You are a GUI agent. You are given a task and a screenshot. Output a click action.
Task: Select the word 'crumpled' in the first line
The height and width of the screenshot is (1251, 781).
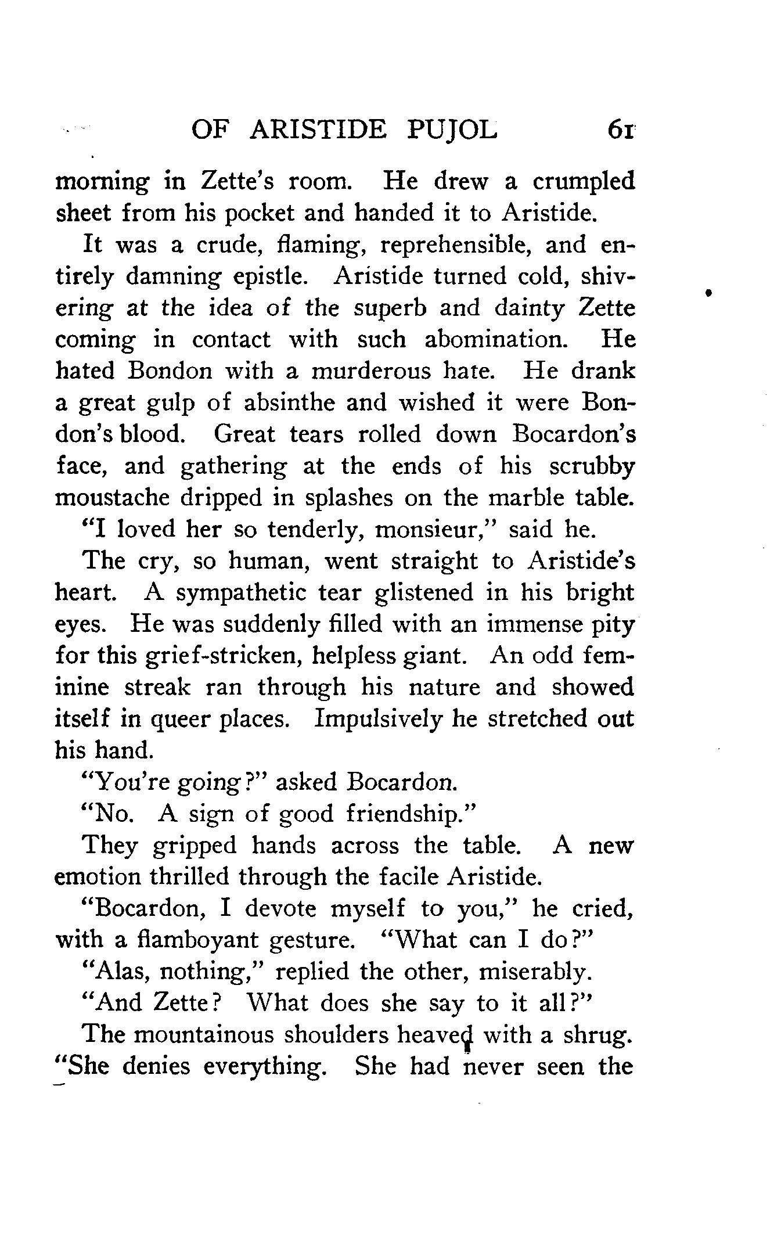584,182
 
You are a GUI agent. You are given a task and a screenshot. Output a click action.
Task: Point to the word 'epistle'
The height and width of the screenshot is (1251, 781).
274,276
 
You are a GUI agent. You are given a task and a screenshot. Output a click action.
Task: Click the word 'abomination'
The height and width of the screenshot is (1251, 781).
495,339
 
